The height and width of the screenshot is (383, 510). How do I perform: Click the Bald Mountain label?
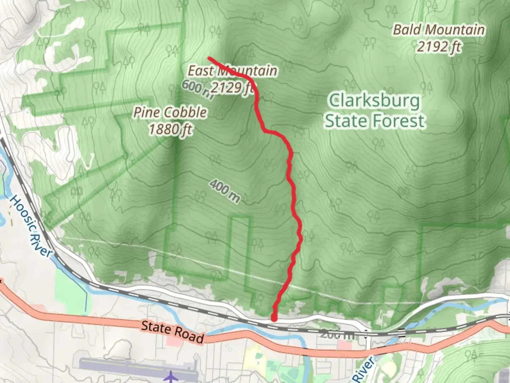click(x=439, y=30)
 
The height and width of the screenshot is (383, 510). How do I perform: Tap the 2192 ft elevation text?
click(x=439, y=46)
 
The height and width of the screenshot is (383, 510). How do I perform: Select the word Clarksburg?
click(x=375, y=101)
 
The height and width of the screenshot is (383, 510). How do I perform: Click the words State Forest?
click(x=375, y=121)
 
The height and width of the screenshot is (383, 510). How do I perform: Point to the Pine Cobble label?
click(x=170, y=112)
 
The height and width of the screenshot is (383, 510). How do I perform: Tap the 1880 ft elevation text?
click(x=170, y=129)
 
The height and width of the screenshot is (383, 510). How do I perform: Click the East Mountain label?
click(x=232, y=71)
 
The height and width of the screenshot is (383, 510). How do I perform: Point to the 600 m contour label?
click(x=197, y=89)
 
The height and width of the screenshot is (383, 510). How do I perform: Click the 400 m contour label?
click(x=225, y=191)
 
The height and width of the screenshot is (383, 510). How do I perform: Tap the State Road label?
click(x=172, y=332)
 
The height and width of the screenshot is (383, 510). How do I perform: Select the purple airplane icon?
click(x=171, y=376)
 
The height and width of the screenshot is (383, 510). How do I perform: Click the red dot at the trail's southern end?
click(x=274, y=318)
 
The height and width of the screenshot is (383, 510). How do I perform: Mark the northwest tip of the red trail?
click(x=210, y=58)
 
